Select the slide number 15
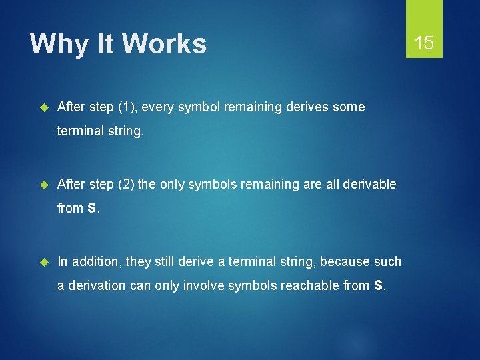(x=424, y=43)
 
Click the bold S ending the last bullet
(x=379, y=285)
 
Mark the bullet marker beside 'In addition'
(x=45, y=261)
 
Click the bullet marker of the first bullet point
(x=45, y=107)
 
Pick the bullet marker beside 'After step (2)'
(x=45, y=184)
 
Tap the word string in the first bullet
(x=123, y=131)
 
